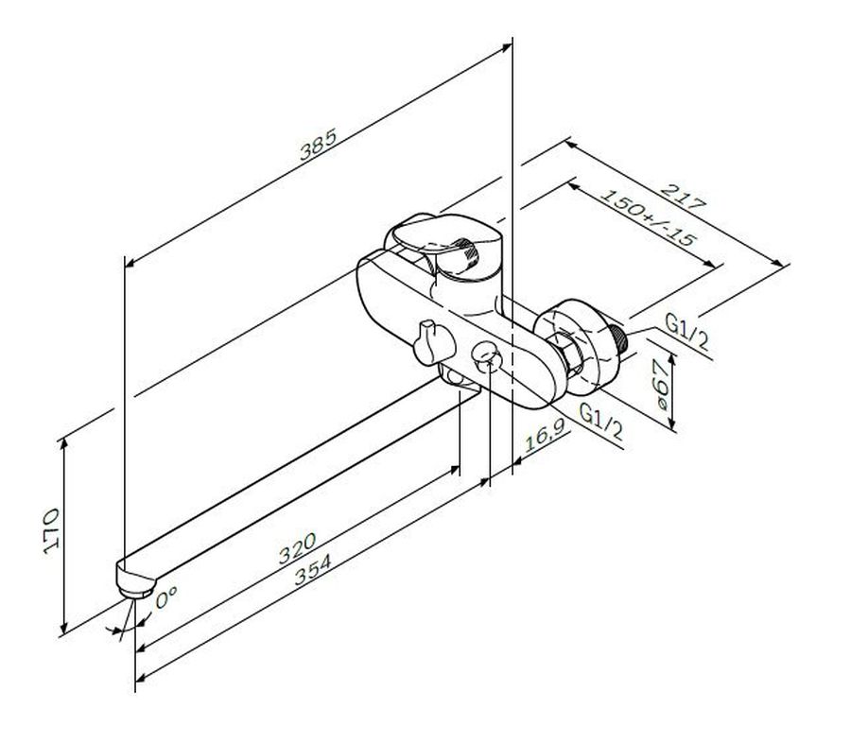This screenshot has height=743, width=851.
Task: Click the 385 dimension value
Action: click(x=319, y=145)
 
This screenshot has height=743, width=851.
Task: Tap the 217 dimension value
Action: click(x=684, y=197)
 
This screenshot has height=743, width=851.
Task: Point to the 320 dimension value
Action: click(x=297, y=547)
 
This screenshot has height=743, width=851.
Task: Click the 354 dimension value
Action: click(x=312, y=569)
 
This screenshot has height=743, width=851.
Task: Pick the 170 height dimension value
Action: click(x=51, y=531)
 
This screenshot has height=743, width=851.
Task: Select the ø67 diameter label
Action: click(x=662, y=385)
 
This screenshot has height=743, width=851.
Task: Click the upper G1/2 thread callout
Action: click(x=687, y=332)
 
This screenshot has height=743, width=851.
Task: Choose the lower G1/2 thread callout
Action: click(x=601, y=422)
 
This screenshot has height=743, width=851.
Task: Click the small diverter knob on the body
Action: click(x=433, y=343)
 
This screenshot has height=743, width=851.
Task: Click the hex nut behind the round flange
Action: click(x=566, y=353)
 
